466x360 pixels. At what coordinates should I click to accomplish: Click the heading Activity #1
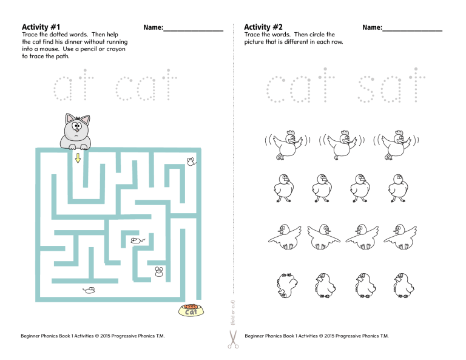(x=41, y=27)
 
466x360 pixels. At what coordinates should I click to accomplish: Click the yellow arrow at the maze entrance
(x=78, y=158)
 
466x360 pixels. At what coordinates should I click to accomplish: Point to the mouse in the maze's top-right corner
(x=191, y=161)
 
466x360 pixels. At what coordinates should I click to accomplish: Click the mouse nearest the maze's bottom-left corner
(x=89, y=290)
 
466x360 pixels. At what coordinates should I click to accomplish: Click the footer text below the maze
(x=92, y=336)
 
